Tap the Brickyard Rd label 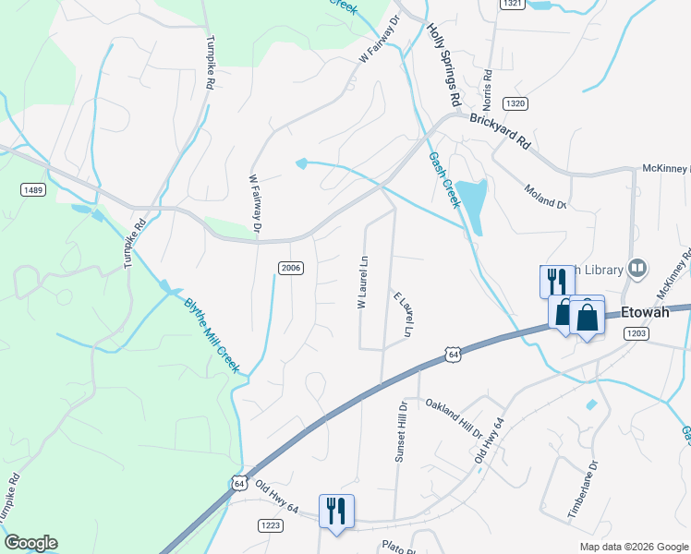point(500,129)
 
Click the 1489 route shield point(32,189)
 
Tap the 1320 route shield point(515,102)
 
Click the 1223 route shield point(270,525)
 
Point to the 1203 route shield point(636,334)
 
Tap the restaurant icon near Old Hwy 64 point(336,511)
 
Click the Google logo point(30,543)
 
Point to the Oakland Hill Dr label point(455,418)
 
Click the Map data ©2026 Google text point(633,547)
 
